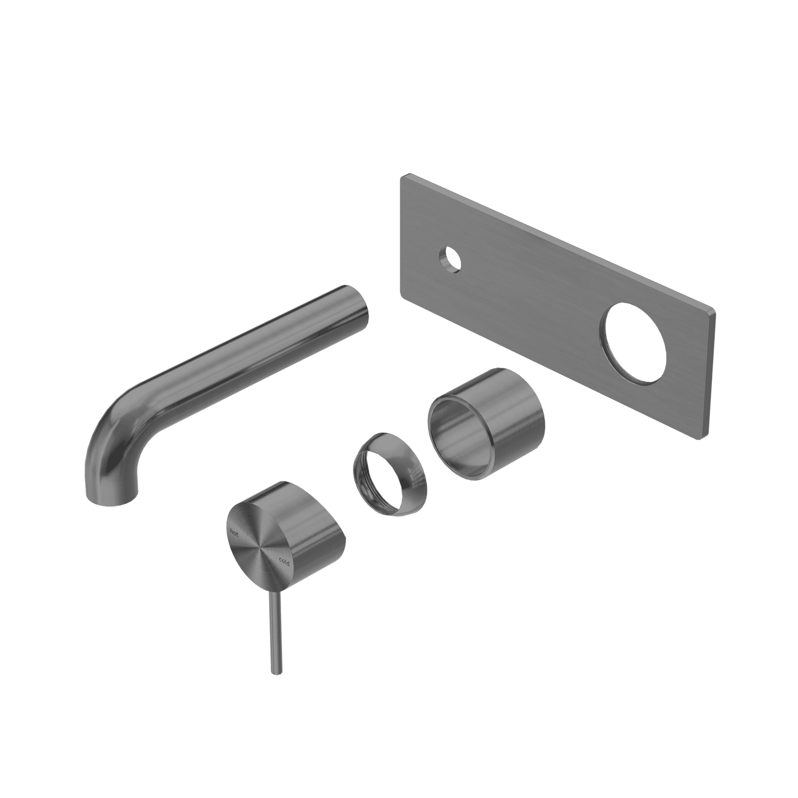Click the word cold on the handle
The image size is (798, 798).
[284, 562]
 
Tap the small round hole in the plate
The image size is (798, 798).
[450, 260]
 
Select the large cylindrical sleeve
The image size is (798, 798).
[486, 423]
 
